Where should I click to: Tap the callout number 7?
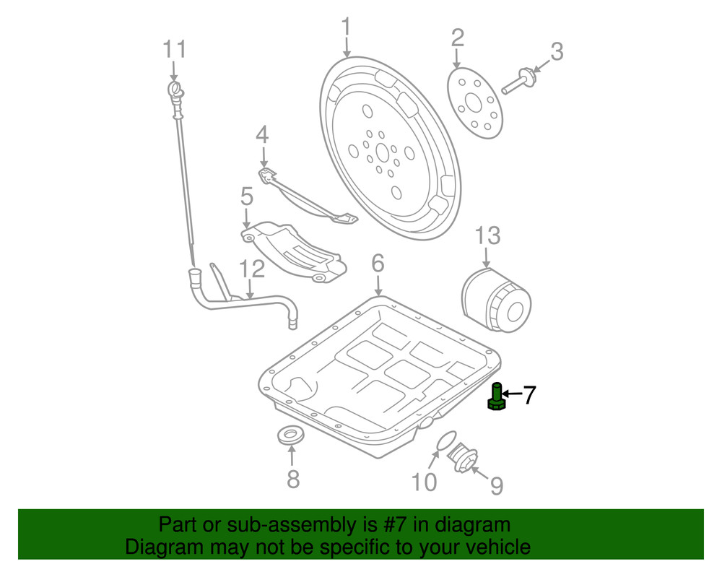pos(529,394)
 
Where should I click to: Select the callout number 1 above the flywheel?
pos(346,28)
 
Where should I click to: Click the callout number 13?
pos(487,235)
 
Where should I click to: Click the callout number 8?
pos(292,478)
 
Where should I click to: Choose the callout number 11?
pos(174,50)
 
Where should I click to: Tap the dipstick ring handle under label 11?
pos(174,90)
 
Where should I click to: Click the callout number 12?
pos(253,269)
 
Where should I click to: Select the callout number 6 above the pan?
pos(378,264)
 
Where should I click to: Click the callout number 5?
pos(246,196)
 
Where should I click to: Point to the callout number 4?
pos(261,134)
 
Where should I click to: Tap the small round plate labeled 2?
pos(474,103)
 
